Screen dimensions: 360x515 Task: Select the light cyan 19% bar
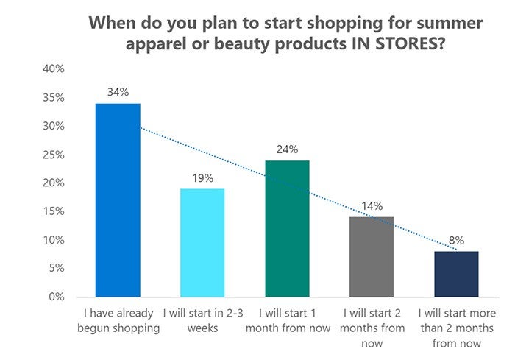(x=202, y=243)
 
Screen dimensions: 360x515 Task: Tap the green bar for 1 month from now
(x=287, y=228)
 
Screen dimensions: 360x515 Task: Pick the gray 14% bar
(x=372, y=257)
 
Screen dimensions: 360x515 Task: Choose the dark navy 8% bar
(x=456, y=274)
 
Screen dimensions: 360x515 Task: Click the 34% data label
(x=118, y=93)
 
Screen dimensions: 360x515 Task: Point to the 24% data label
(x=287, y=149)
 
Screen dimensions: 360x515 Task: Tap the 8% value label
(x=456, y=241)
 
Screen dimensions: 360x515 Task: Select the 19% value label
(x=202, y=178)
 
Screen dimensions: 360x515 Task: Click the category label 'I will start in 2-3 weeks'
(x=202, y=322)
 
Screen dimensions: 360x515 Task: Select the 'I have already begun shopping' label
(x=118, y=322)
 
